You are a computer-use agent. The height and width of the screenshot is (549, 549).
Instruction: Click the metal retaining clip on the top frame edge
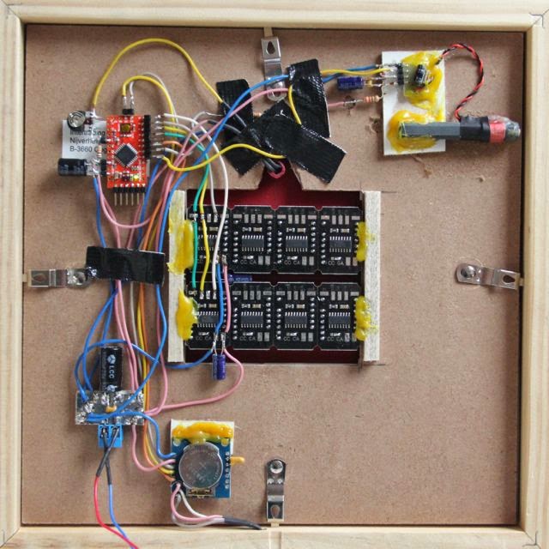point(273,57)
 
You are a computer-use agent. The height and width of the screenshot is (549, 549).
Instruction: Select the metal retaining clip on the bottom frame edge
point(275,485)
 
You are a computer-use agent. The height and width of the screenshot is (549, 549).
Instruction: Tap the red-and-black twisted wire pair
point(465,81)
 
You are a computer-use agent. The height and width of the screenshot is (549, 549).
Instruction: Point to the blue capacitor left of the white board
point(349,83)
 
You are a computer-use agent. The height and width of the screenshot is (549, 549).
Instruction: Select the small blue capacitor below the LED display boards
point(221,365)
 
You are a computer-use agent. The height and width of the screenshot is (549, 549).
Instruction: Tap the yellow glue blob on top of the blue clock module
point(202,429)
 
